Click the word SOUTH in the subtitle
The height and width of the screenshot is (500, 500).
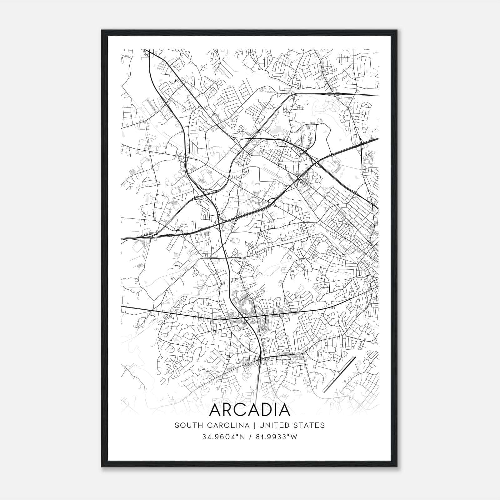click(x=186, y=425)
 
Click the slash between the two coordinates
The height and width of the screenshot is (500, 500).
click(x=250, y=437)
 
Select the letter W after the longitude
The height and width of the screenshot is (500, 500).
click(x=294, y=437)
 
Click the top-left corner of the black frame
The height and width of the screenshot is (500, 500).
click(x=102, y=30)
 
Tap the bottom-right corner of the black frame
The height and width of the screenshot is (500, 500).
click(x=398, y=467)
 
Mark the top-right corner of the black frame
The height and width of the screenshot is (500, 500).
click(x=398, y=30)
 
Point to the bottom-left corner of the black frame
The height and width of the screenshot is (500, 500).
click(x=102, y=467)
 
